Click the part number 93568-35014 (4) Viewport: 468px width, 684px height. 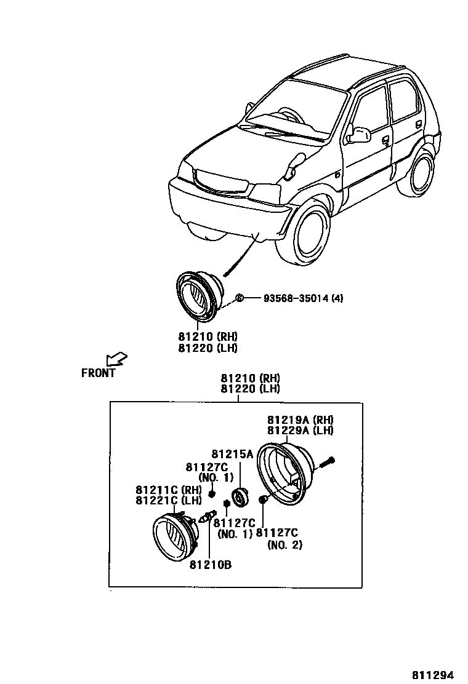[303, 298]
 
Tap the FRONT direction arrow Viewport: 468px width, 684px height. [116, 359]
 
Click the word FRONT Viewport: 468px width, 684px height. [99, 373]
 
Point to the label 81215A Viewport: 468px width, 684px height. [232, 455]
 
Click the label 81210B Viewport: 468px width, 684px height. [211, 565]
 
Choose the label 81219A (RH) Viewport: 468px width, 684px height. [300, 420]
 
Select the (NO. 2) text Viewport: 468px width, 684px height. [284, 544]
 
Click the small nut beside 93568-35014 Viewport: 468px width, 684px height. [240, 298]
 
